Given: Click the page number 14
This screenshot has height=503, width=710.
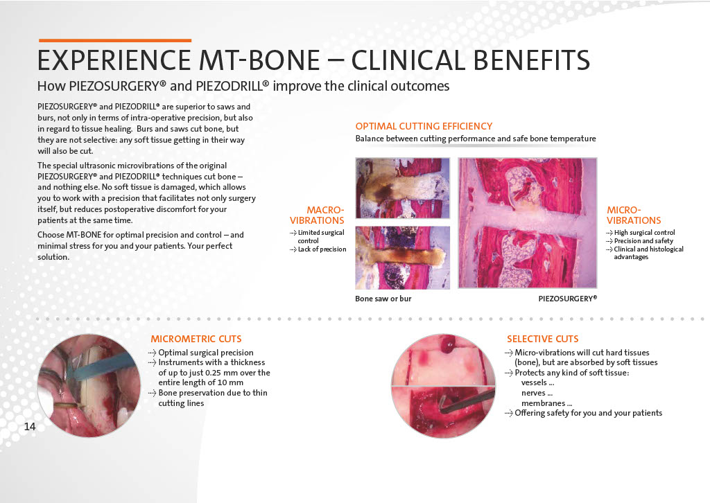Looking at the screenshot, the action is coord(29,426).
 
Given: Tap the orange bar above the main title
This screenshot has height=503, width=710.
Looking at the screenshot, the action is coord(115,41).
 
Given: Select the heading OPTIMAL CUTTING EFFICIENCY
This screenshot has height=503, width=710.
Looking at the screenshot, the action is coord(424,126).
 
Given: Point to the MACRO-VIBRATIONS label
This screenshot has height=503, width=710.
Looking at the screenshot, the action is coord(317,215).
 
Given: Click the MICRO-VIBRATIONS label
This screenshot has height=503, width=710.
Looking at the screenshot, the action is coord(634,215).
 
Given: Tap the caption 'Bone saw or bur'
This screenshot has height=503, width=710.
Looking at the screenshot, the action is coord(383,299).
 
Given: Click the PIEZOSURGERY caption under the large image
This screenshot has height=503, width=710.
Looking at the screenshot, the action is coord(567,299).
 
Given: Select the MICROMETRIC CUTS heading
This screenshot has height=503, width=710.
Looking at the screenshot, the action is coord(196,339).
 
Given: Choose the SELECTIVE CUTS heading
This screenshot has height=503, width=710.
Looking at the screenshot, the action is coord(542,339).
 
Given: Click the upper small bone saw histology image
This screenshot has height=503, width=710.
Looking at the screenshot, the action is coord(403,188).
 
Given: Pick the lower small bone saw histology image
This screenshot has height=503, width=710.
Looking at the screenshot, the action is coord(403,257).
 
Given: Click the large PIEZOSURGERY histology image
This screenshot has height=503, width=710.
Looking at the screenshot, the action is coord(528,222).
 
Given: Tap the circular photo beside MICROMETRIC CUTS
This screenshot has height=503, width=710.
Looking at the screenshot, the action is coord(89,386).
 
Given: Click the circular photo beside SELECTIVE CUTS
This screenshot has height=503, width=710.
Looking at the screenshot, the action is coord(443,386).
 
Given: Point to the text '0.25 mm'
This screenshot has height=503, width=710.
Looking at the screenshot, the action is coord(220,373).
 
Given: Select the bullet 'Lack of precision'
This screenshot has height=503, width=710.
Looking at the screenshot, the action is coord(322,249).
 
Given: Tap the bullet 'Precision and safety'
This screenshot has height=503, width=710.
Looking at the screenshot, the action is coord(643,241).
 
